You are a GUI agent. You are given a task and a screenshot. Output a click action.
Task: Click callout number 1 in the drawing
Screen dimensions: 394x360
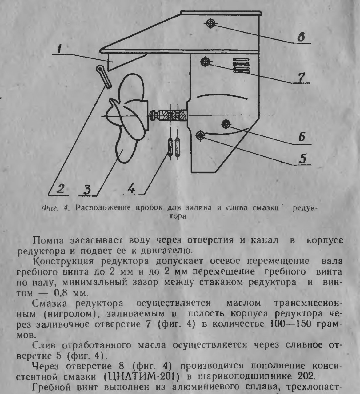click(60, 49)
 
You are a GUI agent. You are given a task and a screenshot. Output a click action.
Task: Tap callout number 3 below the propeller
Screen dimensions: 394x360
click(88, 189)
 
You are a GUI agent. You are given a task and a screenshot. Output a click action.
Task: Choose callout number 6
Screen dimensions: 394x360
click(302, 136)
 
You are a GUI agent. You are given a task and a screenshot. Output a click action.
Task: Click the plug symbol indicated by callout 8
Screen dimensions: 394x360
click(210, 23)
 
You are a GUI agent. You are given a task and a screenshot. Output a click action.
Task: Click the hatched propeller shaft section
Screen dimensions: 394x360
click(172, 116)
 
